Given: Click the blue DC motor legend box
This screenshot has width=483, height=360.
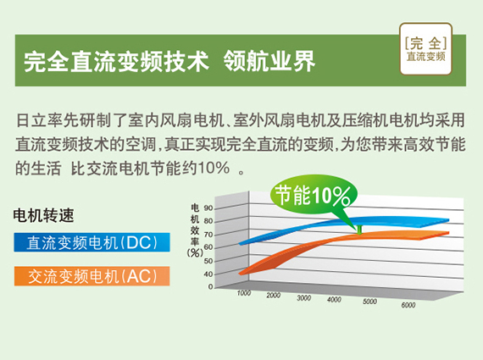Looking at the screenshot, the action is (92, 242).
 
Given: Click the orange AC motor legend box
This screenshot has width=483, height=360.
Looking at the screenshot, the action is (92, 276).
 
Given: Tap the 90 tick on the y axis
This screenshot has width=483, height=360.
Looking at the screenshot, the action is (208, 208).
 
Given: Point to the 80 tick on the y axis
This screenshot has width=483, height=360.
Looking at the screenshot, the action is (208, 221).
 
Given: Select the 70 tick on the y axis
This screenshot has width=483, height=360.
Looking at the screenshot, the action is (208, 235).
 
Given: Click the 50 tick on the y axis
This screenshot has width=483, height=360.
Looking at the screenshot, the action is (208, 261).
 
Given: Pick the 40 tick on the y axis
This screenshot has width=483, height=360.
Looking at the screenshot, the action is (208, 274).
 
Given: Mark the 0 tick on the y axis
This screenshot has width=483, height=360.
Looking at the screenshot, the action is (211, 286).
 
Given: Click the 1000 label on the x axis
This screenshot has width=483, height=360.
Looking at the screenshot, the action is (244, 293).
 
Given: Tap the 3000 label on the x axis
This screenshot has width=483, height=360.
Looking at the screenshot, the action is (303, 298).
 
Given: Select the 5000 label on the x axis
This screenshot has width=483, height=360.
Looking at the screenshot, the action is (369, 302).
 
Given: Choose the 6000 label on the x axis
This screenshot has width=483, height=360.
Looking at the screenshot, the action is (408, 305).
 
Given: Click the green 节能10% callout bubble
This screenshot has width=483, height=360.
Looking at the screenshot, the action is (314, 195).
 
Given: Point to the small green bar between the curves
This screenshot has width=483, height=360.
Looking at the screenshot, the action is (359, 230).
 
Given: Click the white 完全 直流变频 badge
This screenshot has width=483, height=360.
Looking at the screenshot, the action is (425, 49).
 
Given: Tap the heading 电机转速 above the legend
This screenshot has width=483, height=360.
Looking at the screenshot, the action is (43, 215).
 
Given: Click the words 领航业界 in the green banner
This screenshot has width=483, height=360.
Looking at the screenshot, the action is (269, 61).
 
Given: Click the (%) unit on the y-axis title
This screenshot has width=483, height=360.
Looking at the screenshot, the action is (195, 252).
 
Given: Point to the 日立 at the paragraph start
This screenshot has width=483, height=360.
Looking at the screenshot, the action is (31, 120).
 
